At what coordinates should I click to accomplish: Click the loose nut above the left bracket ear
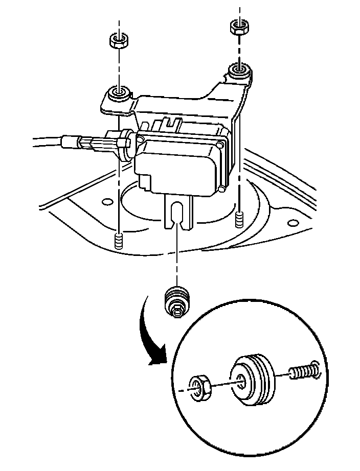(x=119, y=40)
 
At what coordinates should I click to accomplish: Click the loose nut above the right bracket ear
(x=237, y=26)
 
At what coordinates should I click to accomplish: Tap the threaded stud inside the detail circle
(x=305, y=371)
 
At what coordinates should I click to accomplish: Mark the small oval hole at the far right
(x=293, y=223)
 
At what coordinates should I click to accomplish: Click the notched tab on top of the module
(x=172, y=123)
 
